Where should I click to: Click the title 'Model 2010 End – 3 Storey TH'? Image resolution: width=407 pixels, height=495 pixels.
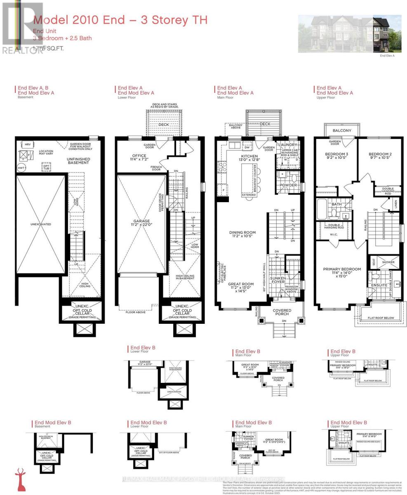[x=120, y=20]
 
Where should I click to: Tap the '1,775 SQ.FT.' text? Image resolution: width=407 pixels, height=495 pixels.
[x=49, y=48]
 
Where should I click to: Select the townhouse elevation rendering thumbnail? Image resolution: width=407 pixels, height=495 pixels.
[x=349, y=34]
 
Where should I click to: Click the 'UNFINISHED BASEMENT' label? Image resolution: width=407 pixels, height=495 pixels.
[x=78, y=160]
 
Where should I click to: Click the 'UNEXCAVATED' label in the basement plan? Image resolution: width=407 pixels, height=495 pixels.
[x=41, y=224]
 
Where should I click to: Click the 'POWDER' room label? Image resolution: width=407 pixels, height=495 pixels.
[x=288, y=185]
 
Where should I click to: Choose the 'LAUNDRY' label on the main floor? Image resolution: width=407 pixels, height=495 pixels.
[x=288, y=145]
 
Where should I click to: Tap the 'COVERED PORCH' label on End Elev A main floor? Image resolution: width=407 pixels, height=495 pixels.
[x=282, y=312]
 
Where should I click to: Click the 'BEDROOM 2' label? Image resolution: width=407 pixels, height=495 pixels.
[x=379, y=155]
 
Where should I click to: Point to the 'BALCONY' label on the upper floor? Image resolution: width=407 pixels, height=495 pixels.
[x=342, y=130]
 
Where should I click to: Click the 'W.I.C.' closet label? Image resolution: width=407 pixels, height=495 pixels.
[x=334, y=235]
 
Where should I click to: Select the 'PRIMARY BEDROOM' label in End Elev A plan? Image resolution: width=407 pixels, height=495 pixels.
[x=342, y=269]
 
